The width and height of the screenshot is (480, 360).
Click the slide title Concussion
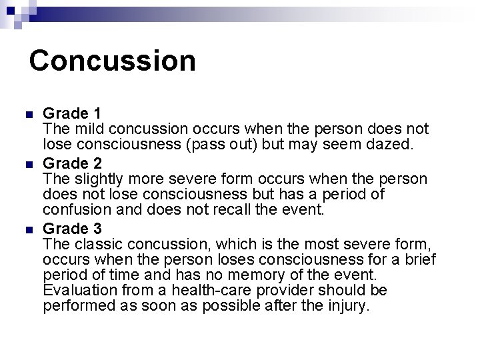pyautogui.click(x=112, y=60)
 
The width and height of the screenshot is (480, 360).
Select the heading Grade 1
pyautogui.click(x=72, y=113)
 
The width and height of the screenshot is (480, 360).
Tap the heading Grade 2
pyautogui.click(x=72, y=163)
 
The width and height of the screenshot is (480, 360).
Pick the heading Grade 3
pyautogui.click(x=72, y=228)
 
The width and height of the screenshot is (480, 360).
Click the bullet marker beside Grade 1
pyautogui.click(x=28, y=113)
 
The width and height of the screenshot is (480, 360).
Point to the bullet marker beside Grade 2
pyautogui.click(x=28, y=164)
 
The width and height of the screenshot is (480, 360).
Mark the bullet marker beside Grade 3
pyautogui.click(x=28, y=229)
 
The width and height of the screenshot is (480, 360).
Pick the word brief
pyautogui.click(x=417, y=259)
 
